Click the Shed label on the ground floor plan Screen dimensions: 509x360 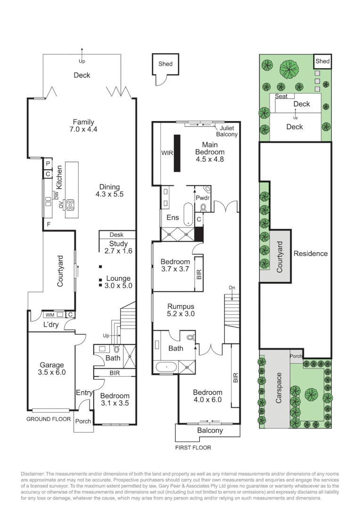tap(165, 64)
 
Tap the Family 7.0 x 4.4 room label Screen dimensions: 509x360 tap(83, 126)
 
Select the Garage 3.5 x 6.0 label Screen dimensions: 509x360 tap(52, 369)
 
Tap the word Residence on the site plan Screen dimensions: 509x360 tap(310, 254)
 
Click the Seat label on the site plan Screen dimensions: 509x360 tap(281, 97)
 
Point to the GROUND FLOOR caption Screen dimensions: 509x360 tap(49, 419)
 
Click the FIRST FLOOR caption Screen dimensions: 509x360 tap(193, 448)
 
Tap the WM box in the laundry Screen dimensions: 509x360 tap(50, 315)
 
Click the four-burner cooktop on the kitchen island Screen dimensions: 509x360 tap(70, 205)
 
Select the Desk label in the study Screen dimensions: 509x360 tap(116, 235)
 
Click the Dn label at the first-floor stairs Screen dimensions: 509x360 tap(231, 287)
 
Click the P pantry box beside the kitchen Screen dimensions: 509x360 tap(48, 164)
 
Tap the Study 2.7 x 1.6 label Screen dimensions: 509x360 tap(118, 247)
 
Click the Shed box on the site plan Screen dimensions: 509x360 tap(322, 61)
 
